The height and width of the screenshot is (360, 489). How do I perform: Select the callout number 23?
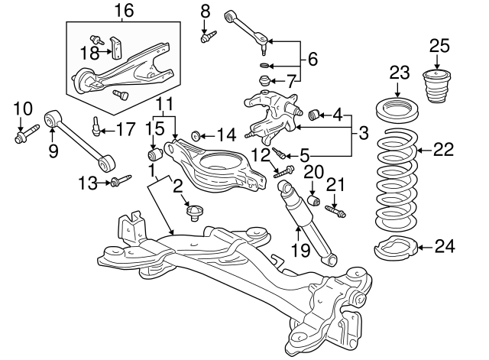pos(400,73)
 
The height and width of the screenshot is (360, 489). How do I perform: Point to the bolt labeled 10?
pos(21,138)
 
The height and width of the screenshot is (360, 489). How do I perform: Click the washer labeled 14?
pos(196,136)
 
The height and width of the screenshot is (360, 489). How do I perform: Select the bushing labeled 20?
pos(313,201)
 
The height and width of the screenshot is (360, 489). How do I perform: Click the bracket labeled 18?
pos(118,47)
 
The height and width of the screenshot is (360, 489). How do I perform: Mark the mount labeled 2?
pos(194,211)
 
